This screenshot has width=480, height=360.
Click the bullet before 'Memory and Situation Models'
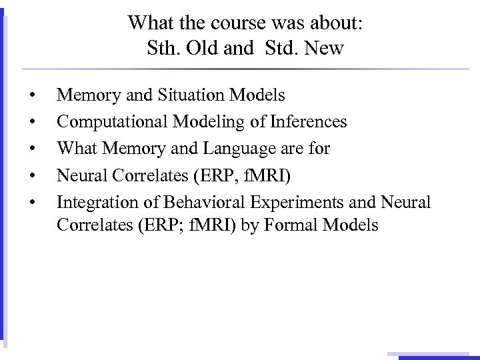pos(33,96)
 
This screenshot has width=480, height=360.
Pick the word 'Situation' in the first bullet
pos(191,95)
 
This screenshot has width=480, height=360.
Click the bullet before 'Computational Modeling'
pos(33,123)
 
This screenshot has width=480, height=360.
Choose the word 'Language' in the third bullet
pos(229,149)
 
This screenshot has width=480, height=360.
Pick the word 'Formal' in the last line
pos(289,225)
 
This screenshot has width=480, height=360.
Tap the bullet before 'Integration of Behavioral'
pos(33,202)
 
